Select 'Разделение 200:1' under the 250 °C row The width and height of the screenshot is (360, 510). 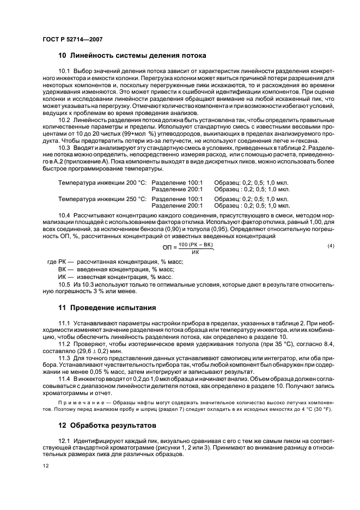177,206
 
